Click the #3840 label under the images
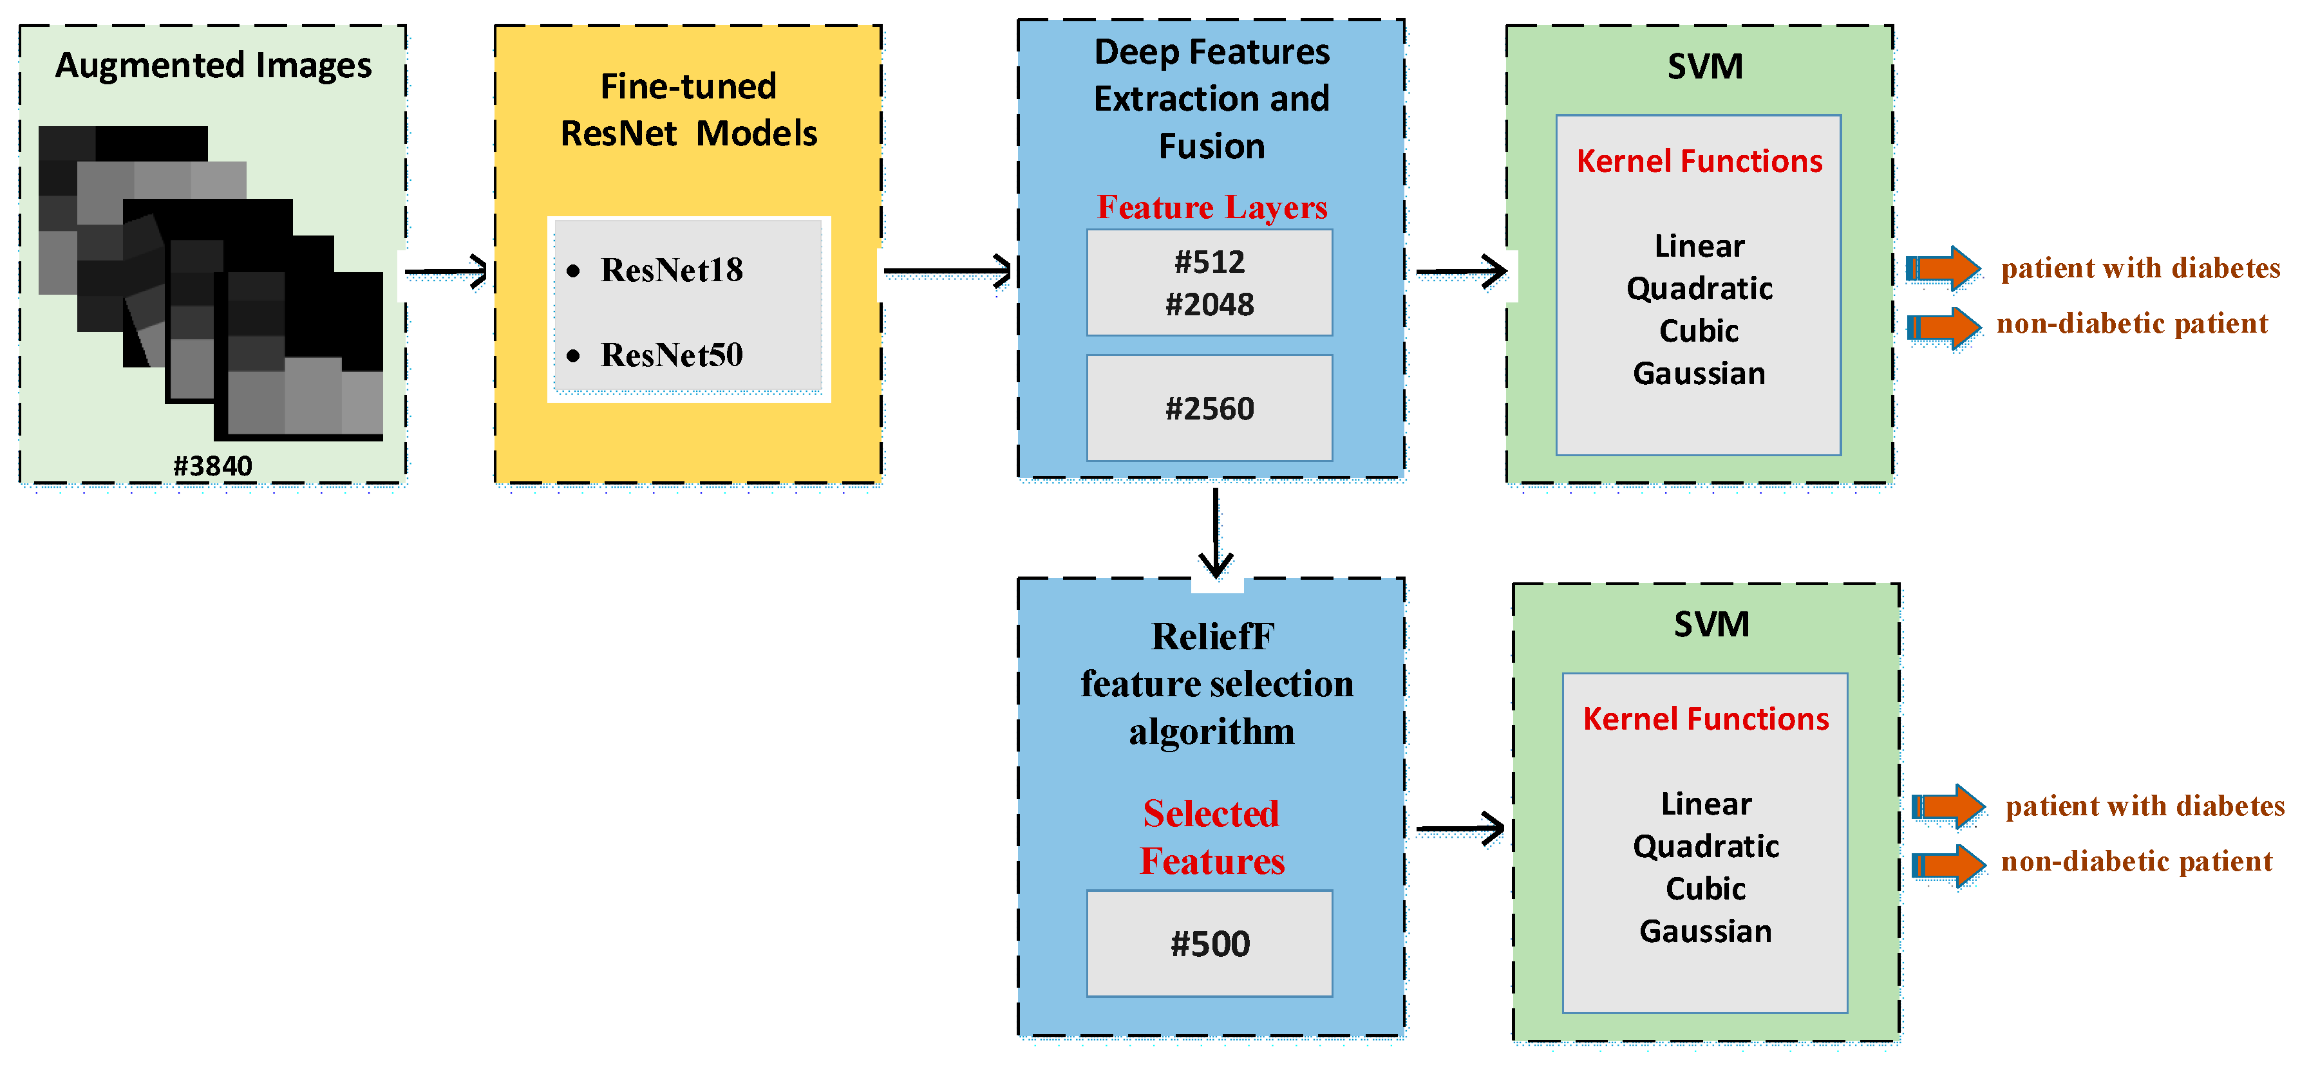point(212,465)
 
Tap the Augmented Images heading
point(213,65)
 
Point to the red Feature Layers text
point(1212,207)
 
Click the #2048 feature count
point(1209,304)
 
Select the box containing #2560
point(1209,408)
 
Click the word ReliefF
point(1212,636)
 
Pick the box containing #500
point(1209,943)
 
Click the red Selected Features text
point(1212,837)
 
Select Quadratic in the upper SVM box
point(1699,288)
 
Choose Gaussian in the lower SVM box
point(1704,931)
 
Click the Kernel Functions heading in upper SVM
point(1699,161)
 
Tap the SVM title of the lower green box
point(1711,624)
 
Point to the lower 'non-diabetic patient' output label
point(2136,862)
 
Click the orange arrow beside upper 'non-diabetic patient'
point(1944,328)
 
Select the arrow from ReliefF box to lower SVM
point(1460,829)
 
